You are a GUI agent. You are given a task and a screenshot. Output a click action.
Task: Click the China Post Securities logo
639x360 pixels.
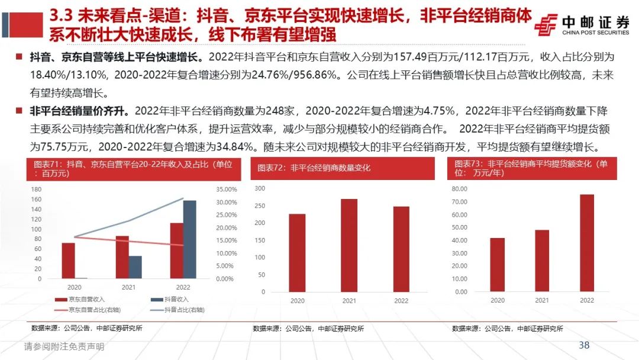tap(582, 25)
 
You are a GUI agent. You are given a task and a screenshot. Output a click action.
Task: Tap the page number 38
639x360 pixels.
tap(584, 345)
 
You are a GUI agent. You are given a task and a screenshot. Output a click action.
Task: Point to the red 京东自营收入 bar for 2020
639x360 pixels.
tap(69, 261)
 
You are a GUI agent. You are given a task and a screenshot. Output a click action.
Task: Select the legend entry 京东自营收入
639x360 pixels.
tap(82, 300)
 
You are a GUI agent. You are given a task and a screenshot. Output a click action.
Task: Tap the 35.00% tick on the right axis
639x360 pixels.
tap(224, 190)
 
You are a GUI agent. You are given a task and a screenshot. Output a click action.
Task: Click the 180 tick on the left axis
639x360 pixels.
tap(36, 189)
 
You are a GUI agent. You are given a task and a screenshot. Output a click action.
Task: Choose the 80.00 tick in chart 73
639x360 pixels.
tap(460, 189)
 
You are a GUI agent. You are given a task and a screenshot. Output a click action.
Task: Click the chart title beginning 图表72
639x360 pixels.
tap(314, 168)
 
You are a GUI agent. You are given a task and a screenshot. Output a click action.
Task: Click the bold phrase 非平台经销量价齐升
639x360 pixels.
tap(80, 111)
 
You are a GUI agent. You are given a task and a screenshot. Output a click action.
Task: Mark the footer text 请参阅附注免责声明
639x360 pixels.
tap(64, 347)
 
